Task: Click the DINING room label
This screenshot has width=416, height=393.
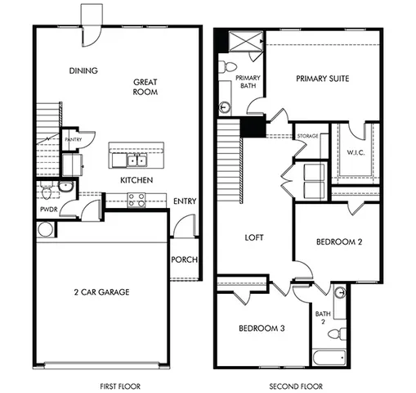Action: tap(83, 70)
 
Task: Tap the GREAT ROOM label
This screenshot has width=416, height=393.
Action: tap(145, 87)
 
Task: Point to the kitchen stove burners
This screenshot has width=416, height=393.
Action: tap(136, 197)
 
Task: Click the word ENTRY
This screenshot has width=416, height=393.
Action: tap(185, 201)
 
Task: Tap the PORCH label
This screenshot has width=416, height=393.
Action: tap(185, 260)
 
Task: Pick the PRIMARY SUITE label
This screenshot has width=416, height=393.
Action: tap(323, 79)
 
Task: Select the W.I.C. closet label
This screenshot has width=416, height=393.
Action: tap(356, 152)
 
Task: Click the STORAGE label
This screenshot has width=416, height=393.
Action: tap(308, 136)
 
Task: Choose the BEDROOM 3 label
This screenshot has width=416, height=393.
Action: tap(262, 328)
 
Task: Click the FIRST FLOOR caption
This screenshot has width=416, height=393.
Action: tap(114, 384)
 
